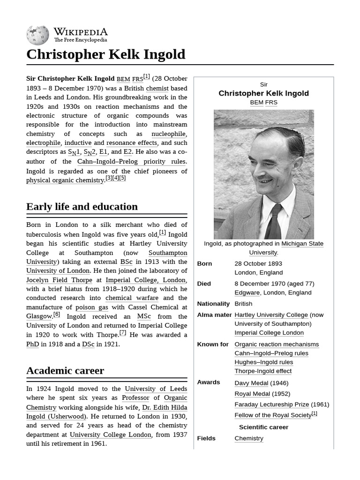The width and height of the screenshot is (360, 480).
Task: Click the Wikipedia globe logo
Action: tap(37, 35)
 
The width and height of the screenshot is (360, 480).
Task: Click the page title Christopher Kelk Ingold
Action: tap(105, 54)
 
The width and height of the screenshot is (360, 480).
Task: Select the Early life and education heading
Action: tap(82, 207)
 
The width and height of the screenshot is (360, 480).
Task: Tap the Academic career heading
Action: tap(65, 370)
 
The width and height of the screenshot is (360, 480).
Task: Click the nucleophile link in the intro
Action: tap(168, 134)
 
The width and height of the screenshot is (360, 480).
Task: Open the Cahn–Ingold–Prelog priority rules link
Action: tap(131, 161)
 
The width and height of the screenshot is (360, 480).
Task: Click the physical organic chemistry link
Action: tap(65, 180)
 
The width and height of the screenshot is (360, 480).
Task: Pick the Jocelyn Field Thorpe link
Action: tap(59, 280)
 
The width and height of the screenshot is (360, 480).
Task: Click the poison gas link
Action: tap(91, 307)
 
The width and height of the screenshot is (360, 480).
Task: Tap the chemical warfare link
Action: tap(132, 298)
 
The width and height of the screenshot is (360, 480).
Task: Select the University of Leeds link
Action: tap(156, 389)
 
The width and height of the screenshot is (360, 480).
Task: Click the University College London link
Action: tap(110, 435)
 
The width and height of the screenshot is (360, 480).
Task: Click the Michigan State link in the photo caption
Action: tap(302, 244)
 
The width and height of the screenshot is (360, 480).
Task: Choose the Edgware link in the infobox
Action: tap(247, 292)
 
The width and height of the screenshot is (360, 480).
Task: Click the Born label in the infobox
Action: tap(204, 263)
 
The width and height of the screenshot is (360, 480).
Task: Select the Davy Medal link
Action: tap(251, 383)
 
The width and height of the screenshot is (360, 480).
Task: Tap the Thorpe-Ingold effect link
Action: tap(263, 371)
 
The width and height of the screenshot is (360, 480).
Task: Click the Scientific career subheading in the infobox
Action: tap(263, 427)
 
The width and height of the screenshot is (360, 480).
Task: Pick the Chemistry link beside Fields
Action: tap(249, 438)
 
